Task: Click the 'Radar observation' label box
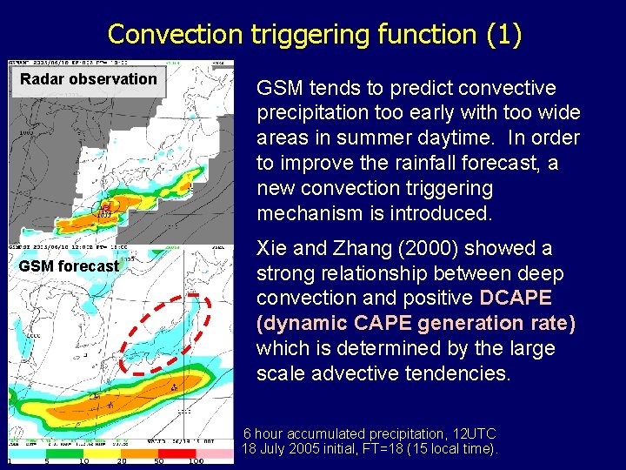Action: point(88,79)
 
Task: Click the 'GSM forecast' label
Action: point(69,265)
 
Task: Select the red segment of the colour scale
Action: point(177,453)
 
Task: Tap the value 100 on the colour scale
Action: point(196,462)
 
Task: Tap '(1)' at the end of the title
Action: point(503,35)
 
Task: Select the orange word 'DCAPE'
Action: point(515,298)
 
